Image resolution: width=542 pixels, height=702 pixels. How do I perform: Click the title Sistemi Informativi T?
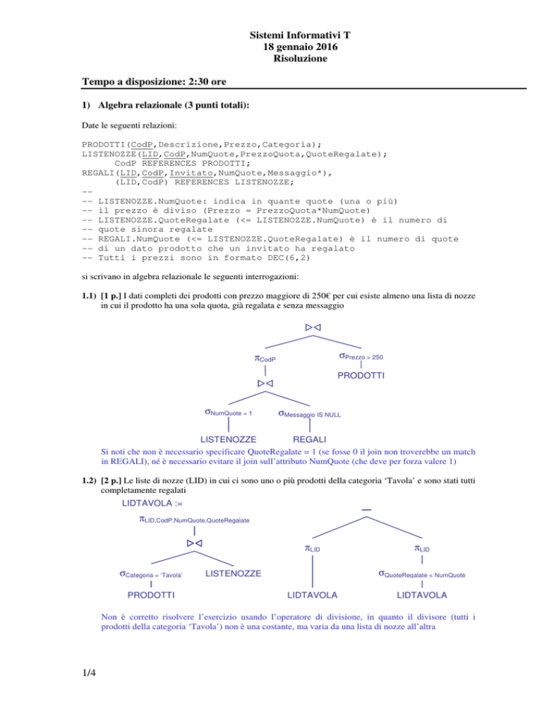click(x=300, y=35)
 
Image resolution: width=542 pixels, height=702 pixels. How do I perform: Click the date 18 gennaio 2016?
click(x=300, y=47)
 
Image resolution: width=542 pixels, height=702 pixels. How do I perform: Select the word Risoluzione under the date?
click(x=300, y=58)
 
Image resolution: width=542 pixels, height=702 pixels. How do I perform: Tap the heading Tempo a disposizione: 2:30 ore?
click(x=154, y=81)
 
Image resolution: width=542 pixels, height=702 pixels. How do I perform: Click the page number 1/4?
click(x=89, y=672)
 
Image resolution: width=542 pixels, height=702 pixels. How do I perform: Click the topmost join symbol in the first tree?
click(x=313, y=327)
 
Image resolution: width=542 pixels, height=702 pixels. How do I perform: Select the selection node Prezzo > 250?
click(x=361, y=357)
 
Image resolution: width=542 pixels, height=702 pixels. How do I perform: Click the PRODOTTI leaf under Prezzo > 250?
click(x=361, y=375)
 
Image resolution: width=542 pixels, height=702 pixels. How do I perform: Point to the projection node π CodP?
click(x=265, y=359)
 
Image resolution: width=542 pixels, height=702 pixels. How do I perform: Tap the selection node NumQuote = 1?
click(x=228, y=412)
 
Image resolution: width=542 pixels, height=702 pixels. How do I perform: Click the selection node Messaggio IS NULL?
click(x=309, y=414)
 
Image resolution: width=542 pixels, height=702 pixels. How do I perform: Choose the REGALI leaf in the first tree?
click(x=309, y=439)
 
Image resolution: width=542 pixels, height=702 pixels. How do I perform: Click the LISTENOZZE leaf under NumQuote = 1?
click(x=228, y=439)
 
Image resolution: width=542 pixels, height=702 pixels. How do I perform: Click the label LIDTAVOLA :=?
click(x=152, y=504)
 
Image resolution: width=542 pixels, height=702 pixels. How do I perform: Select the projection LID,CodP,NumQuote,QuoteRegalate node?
click(x=194, y=520)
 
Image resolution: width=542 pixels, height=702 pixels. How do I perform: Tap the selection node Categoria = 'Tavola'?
click(x=151, y=574)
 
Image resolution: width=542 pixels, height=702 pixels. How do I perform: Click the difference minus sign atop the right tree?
click(x=366, y=509)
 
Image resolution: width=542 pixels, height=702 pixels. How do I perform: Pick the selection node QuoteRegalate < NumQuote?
click(x=421, y=574)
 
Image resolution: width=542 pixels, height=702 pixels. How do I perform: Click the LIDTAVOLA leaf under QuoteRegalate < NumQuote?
click(x=421, y=595)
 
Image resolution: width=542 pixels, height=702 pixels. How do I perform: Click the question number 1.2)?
click(x=89, y=480)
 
